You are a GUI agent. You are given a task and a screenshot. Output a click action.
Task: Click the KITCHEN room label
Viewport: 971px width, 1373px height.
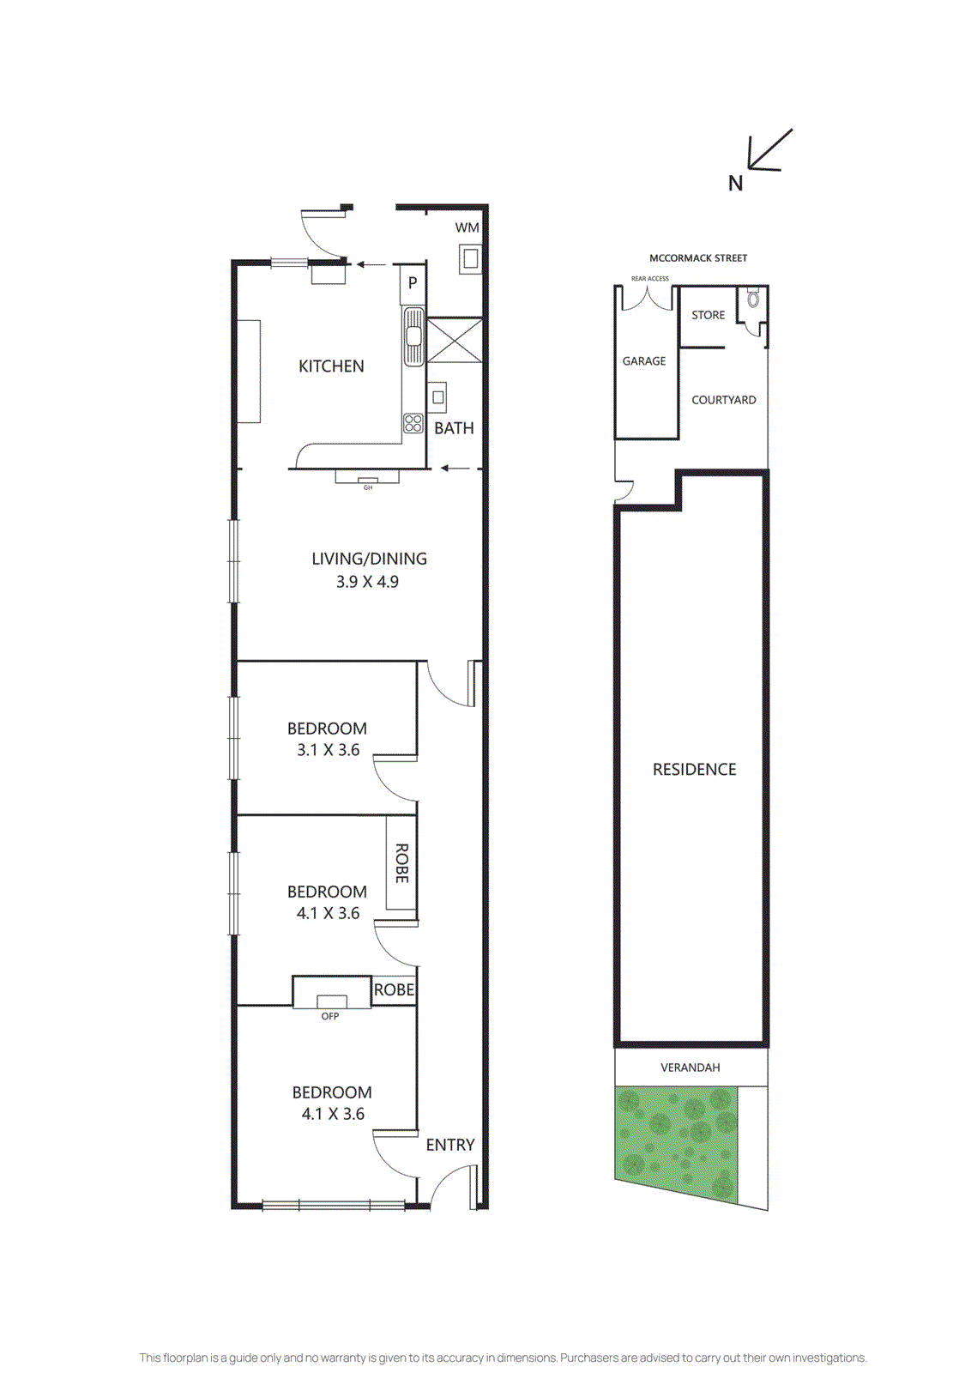[x=331, y=366]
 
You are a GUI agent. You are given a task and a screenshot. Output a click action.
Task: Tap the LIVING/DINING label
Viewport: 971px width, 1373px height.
[x=369, y=559]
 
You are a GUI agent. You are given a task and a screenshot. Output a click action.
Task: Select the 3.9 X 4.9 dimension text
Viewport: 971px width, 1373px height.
[x=367, y=582]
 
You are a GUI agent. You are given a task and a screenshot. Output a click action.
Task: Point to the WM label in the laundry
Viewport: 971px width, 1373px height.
[x=467, y=227]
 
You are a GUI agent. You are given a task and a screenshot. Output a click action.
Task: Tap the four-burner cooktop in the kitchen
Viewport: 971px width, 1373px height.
[x=413, y=423]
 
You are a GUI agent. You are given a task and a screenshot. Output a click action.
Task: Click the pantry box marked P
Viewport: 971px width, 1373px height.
[x=413, y=282]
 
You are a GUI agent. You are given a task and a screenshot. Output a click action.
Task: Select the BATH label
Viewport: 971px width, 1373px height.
[x=454, y=428]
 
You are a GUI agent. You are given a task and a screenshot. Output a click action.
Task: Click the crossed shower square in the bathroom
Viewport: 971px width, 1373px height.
[x=455, y=340]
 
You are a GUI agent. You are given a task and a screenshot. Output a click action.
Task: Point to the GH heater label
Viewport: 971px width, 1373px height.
[x=368, y=487]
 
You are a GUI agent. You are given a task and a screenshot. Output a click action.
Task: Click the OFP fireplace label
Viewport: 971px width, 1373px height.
[x=330, y=1016]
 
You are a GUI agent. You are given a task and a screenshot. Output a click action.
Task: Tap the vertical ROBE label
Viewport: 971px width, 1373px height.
[x=401, y=862]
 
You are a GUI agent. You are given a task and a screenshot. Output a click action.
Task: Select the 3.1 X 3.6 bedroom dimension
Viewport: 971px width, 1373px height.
[x=328, y=750]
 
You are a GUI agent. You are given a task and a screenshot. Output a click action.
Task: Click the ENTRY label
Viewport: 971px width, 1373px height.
[x=449, y=1145]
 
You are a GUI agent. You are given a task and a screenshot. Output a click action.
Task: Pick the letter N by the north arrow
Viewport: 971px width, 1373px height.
[x=735, y=184]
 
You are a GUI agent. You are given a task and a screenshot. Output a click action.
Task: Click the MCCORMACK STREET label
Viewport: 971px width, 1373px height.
[x=697, y=258]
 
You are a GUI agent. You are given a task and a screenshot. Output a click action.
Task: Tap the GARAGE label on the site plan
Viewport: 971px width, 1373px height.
[x=644, y=361]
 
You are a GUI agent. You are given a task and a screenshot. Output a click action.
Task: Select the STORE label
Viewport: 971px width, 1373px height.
[x=708, y=315]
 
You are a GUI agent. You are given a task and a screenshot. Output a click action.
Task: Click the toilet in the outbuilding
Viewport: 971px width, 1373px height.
[x=753, y=299]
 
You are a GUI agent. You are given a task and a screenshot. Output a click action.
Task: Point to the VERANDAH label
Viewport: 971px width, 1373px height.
[x=690, y=1068]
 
